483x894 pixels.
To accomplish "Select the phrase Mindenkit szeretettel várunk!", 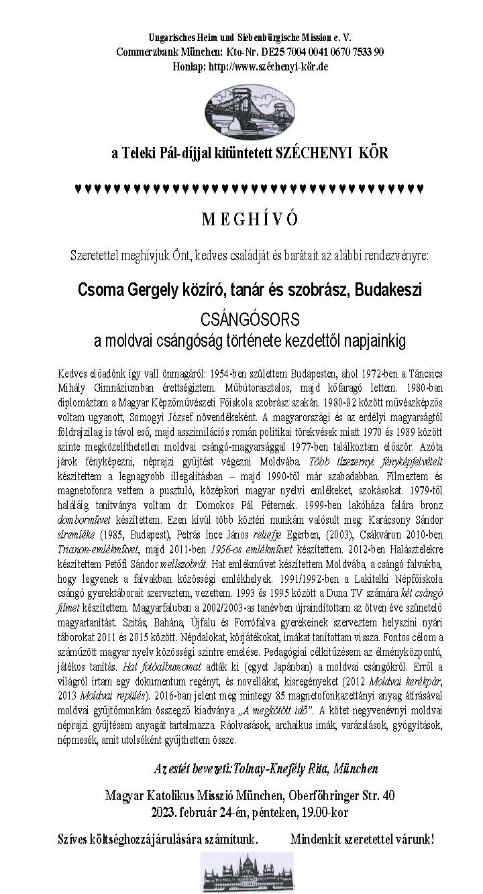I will tap(362, 839).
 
